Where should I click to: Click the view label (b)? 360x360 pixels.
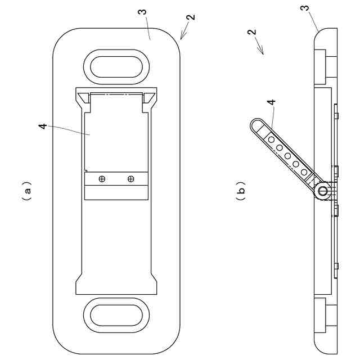click(241, 191)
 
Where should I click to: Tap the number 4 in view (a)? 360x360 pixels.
click(43, 126)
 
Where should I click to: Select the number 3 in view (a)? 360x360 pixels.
click(142, 12)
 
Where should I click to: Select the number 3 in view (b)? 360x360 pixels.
click(304, 8)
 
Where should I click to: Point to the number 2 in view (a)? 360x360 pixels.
click(191, 17)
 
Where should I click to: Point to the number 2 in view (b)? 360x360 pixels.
click(251, 32)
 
